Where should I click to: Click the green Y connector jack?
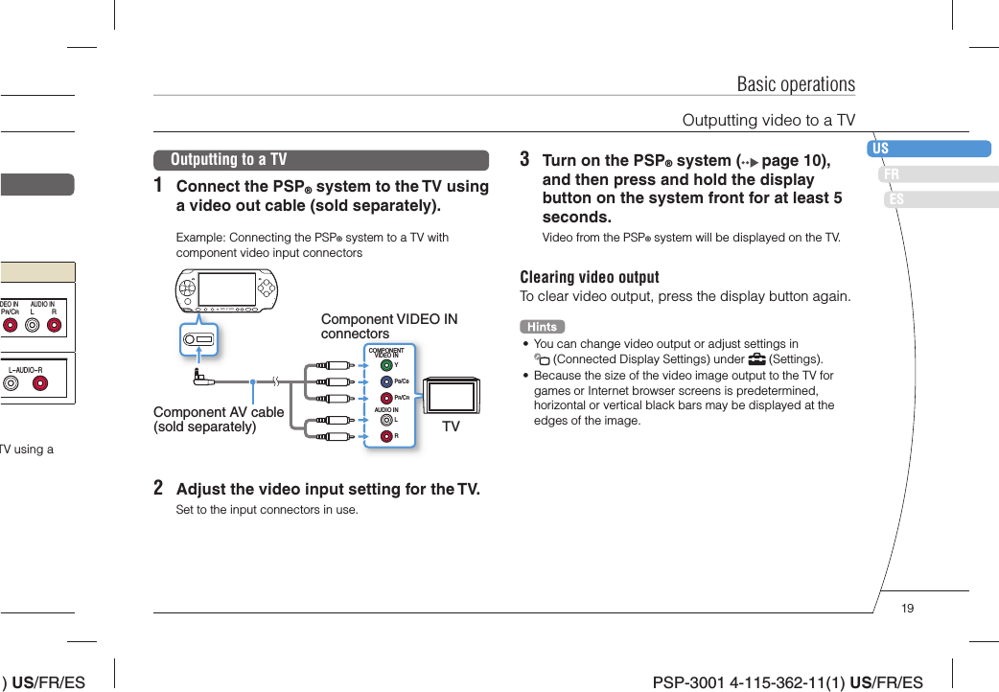[x=385, y=364]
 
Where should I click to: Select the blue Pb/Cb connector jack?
[x=385, y=381]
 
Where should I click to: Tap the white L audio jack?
[x=385, y=419]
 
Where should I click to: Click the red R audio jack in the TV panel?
[x=385, y=435]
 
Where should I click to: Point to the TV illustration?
[x=451, y=396]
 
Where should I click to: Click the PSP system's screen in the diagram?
[x=227, y=288]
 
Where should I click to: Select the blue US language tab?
[x=928, y=149]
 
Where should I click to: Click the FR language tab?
[x=938, y=174]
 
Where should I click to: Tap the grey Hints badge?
[x=542, y=327]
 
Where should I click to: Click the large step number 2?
[x=158, y=488]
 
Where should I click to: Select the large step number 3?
[x=524, y=159]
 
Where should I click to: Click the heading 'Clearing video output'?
[x=589, y=277]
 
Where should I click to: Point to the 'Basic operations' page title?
[x=795, y=83]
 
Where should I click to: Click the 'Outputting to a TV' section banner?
[x=320, y=160]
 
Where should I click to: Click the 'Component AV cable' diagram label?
[x=219, y=419]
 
